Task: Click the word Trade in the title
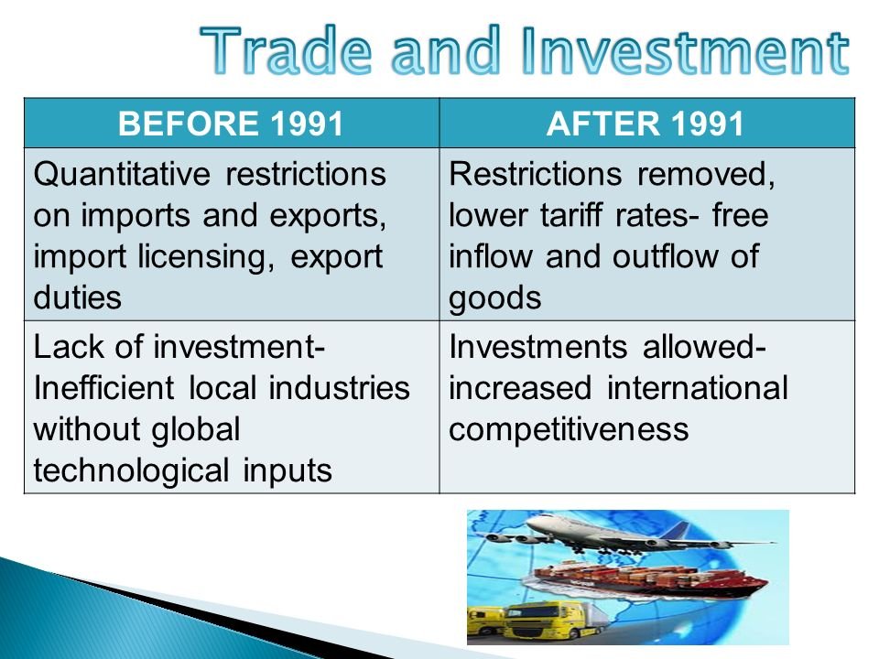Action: tap(286, 50)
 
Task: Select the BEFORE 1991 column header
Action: tap(231, 124)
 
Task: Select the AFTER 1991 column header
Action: tap(646, 124)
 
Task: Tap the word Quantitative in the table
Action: tap(122, 174)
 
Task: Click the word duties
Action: tap(77, 297)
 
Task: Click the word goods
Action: tap(495, 298)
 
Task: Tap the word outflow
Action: tap(665, 256)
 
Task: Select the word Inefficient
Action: tap(103, 388)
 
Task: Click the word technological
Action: tap(131, 470)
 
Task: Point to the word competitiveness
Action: tap(569, 430)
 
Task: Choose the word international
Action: tap(698, 388)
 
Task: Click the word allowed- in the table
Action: tap(704, 346)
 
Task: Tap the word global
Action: tap(196, 430)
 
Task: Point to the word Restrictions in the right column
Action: tap(536, 174)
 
